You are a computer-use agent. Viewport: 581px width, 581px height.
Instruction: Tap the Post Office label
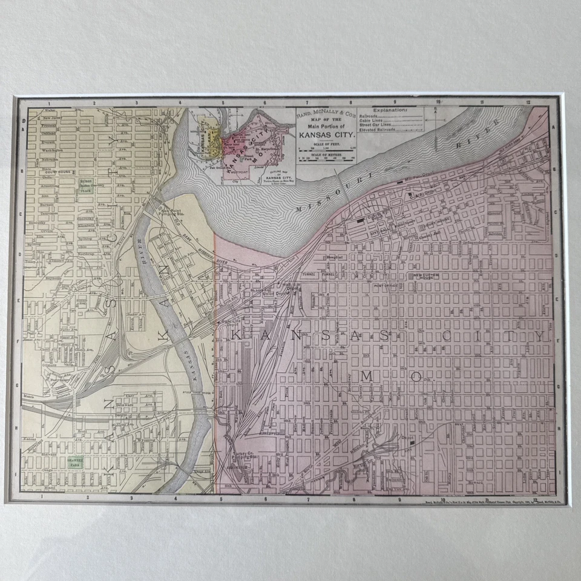coord(385,285)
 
